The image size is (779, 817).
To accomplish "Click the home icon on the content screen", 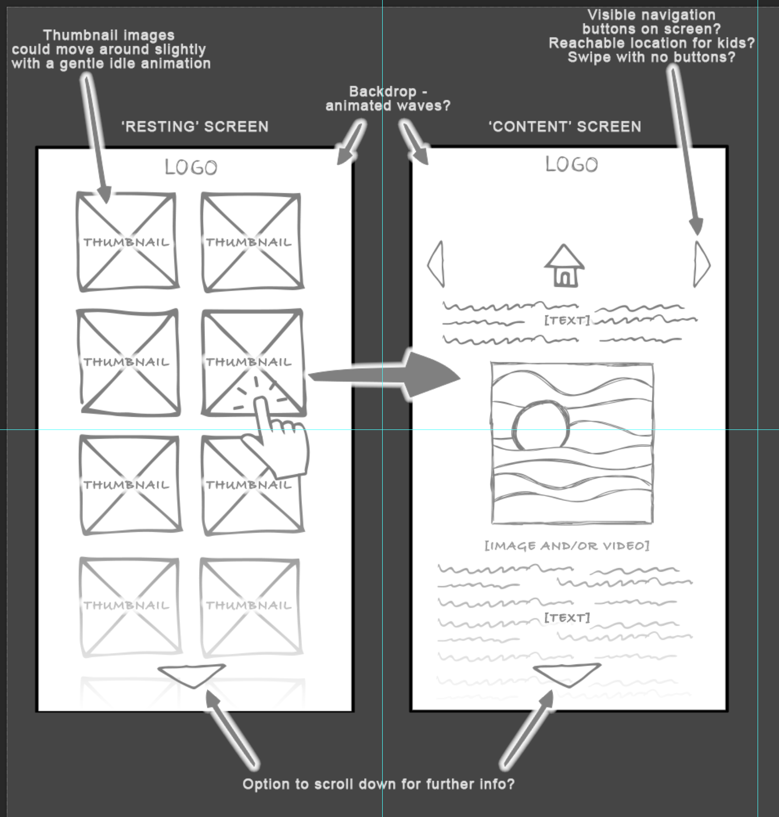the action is tap(564, 266).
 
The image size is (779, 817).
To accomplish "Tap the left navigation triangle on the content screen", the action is tap(437, 264).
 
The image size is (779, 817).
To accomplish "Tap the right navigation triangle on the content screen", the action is tap(701, 264).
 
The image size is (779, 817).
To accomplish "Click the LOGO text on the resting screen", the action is tap(191, 167).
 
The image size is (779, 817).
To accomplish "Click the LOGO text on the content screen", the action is tap(571, 165).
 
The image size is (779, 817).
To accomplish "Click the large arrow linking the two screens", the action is tap(389, 375).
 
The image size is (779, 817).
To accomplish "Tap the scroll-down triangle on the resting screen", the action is tap(192, 675).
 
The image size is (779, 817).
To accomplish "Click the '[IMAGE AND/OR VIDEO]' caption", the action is tap(567, 546).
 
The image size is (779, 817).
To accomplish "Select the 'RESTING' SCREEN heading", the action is tap(195, 127).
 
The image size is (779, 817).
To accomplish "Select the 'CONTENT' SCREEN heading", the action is tap(565, 127).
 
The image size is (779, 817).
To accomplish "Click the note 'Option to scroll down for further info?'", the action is tap(378, 784).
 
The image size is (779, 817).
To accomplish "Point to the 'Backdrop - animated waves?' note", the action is tap(388, 98).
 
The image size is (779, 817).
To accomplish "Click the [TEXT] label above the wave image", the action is tap(567, 320).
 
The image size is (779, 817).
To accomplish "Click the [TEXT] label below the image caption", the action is tap(567, 618).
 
